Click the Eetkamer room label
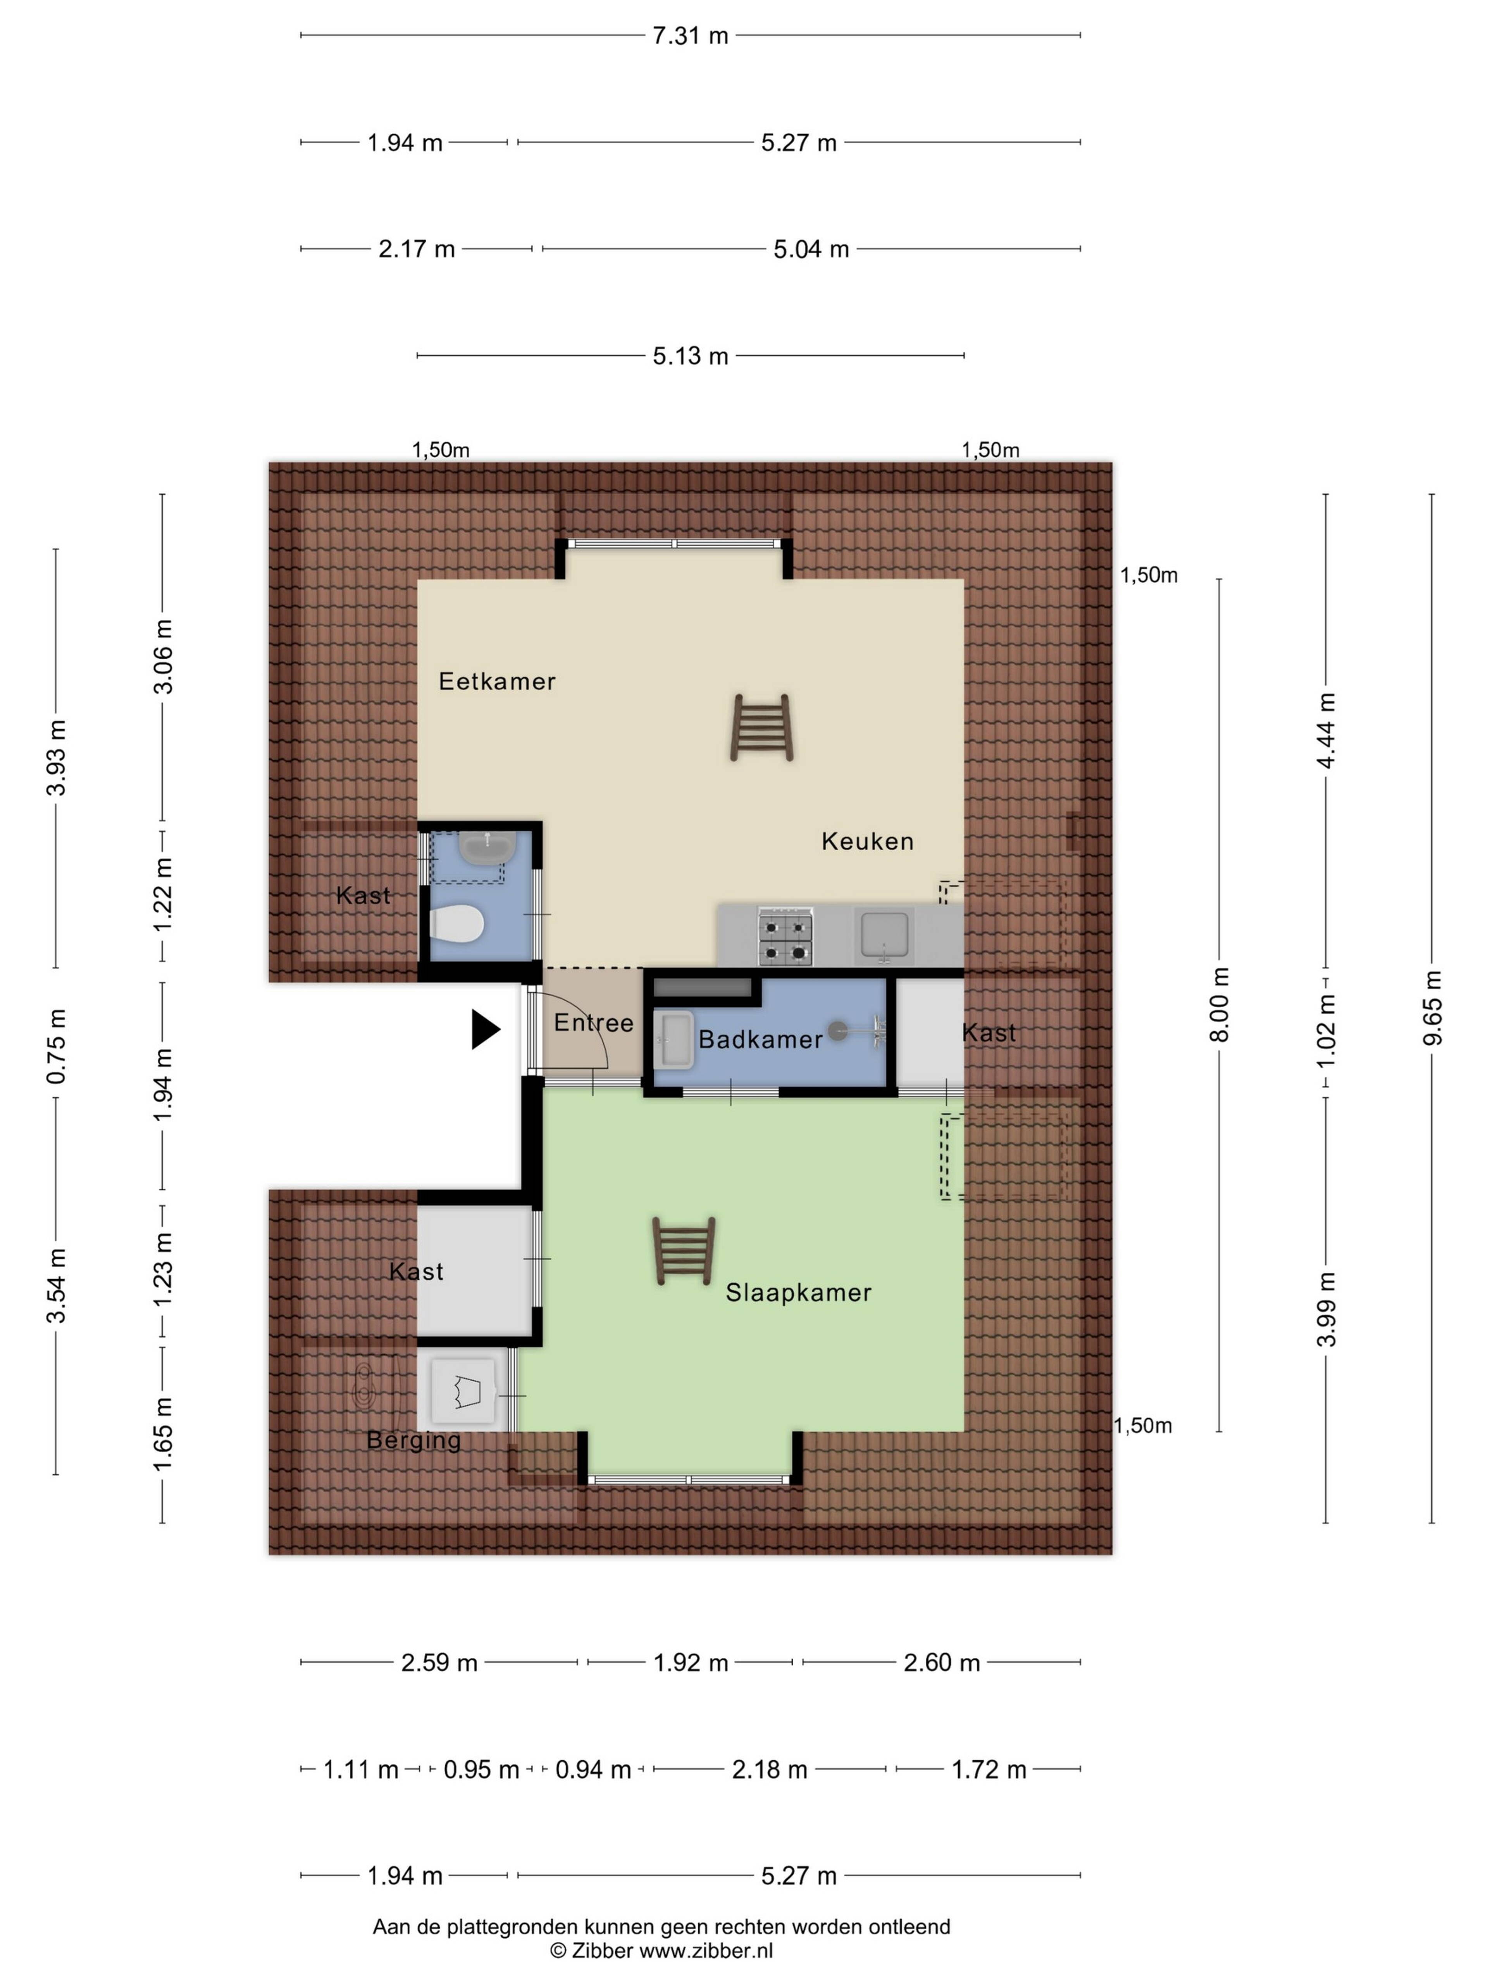tap(497, 682)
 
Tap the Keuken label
tap(867, 841)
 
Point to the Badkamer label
tap(761, 1040)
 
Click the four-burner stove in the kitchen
tap(786, 936)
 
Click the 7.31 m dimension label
tap(691, 36)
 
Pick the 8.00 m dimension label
tap(1220, 1004)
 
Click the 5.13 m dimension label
tap(691, 356)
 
